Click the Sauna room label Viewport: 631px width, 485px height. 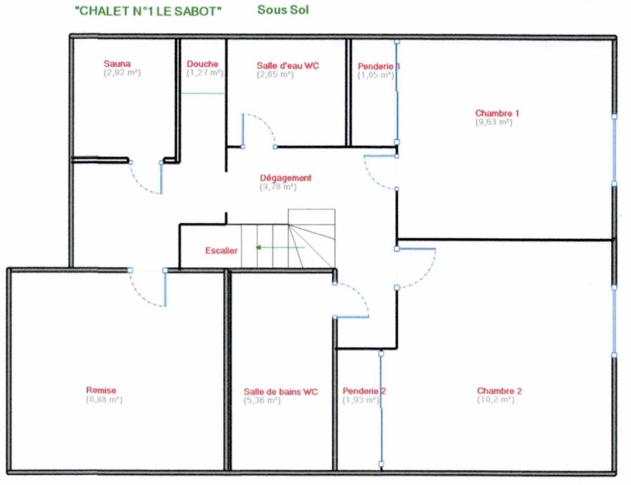click(x=117, y=64)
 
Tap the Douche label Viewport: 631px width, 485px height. click(x=202, y=64)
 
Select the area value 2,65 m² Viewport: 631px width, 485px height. click(x=275, y=75)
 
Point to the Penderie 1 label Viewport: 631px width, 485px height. click(x=379, y=66)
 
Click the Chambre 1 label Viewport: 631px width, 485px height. click(x=497, y=113)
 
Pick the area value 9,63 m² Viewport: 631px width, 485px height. click(x=494, y=122)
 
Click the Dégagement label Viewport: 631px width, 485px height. click(x=285, y=178)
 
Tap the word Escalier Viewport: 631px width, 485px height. click(x=222, y=251)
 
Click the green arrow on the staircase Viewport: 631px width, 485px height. click(x=280, y=247)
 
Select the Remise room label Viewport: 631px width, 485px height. click(x=101, y=390)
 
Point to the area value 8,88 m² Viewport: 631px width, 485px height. click(x=104, y=400)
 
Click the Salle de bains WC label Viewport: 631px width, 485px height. click(x=280, y=392)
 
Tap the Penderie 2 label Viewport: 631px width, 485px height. click(x=364, y=391)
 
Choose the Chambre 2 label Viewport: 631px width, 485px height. click(x=499, y=391)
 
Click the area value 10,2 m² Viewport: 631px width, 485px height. click(x=495, y=400)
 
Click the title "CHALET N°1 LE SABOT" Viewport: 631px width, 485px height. click(x=148, y=11)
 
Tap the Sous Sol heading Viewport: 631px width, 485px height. click(x=283, y=9)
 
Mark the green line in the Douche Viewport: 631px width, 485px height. click(x=203, y=93)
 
